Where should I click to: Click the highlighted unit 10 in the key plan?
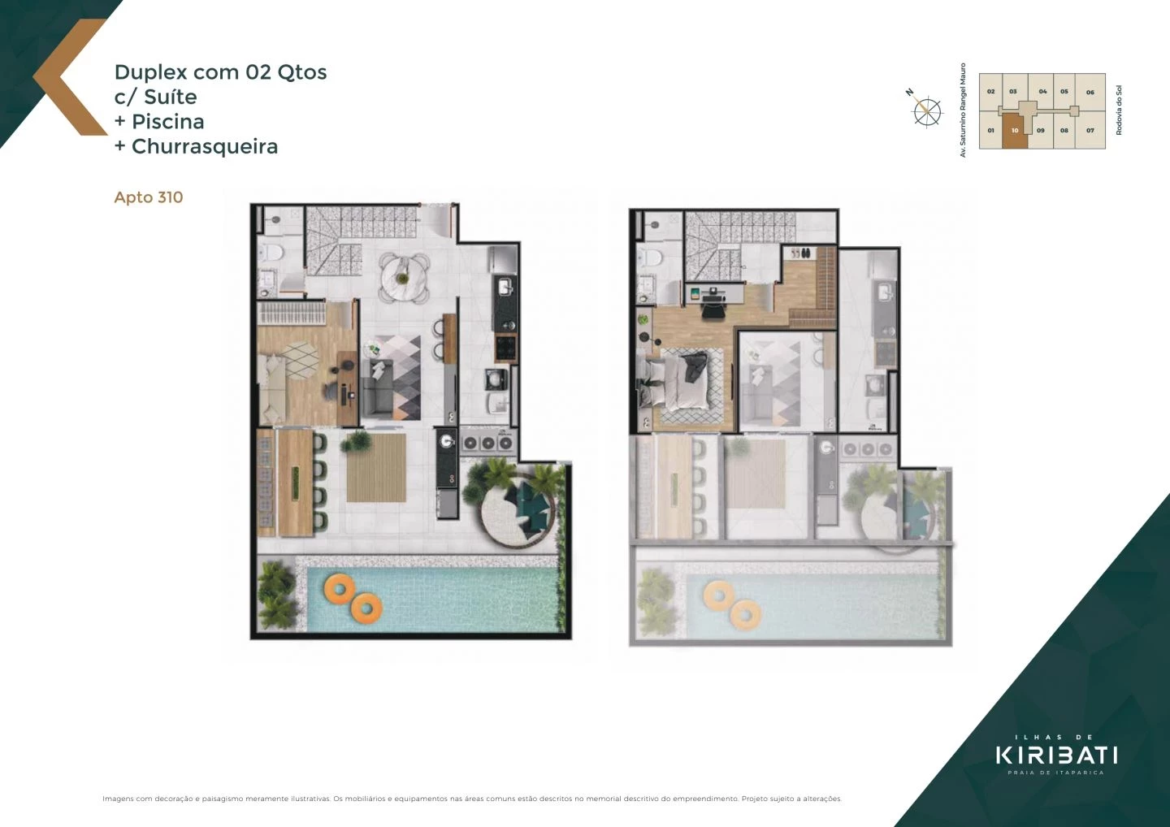pyautogui.click(x=1014, y=131)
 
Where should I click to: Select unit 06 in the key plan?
pyautogui.click(x=1090, y=92)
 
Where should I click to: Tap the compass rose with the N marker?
pyautogui.click(x=926, y=110)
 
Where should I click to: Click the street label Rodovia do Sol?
pyautogui.click(x=1119, y=110)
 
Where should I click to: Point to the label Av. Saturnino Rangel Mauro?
pyautogui.click(x=964, y=110)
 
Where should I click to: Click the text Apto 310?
pyautogui.click(x=149, y=197)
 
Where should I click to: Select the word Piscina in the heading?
pyautogui.click(x=167, y=122)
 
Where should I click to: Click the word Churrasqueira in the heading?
pyautogui.click(x=205, y=147)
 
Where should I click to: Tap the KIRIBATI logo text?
pyautogui.click(x=1056, y=755)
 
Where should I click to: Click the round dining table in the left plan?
pyautogui.click(x=405, y=274)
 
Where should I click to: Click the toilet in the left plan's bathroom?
pyautogui.click(x=271, y=253)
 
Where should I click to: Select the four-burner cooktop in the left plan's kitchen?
pyautogui.click(x=505, y=349)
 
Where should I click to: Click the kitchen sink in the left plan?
pyautogui.click(x=505, y=287)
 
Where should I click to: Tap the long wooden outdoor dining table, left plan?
pyautogui.click(x=295, y=483)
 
